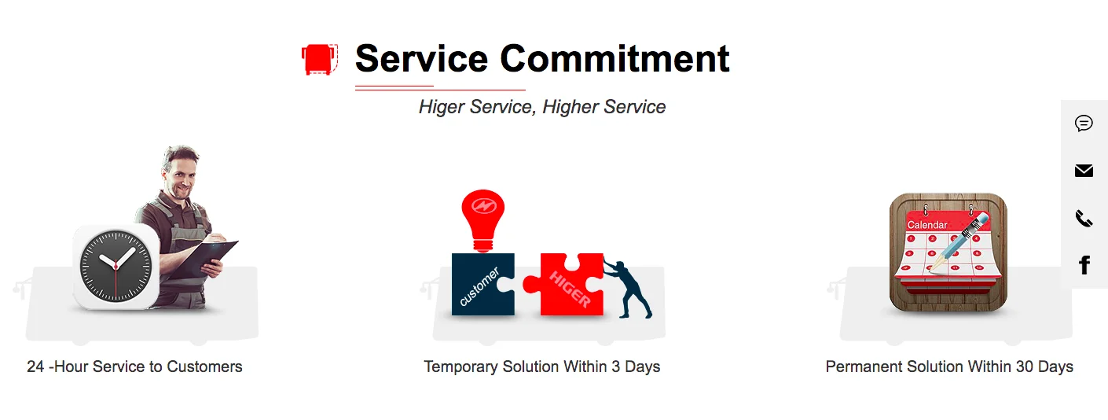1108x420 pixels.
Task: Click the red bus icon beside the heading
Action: (320, 60)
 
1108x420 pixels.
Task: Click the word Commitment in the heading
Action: (615, 58)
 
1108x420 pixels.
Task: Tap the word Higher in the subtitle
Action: (571, 107)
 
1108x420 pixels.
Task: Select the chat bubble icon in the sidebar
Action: (1084, 123)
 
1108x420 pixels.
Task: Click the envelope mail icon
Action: (1084, 171)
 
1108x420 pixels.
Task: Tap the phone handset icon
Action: (1084, 219)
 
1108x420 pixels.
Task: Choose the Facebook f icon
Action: (1084, 266)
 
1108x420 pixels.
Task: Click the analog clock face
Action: (116, 266)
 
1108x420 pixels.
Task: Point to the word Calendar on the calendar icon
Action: (927, 225)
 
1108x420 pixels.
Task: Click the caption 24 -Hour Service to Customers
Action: (134, 367)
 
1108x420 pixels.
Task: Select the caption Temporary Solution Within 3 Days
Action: (542, 367)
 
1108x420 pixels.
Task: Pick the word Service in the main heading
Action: (422, 58)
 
